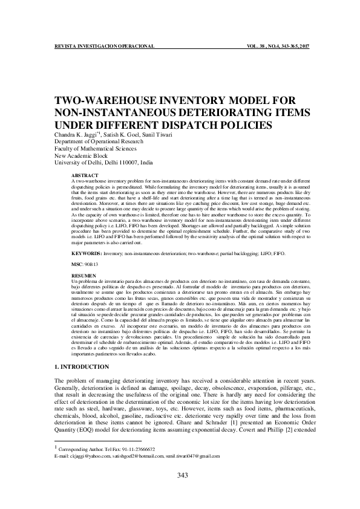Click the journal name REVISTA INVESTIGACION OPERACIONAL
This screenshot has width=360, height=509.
(105, 47)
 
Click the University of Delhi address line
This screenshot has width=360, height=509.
(103, 163)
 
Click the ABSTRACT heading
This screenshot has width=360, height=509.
(82, 175)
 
